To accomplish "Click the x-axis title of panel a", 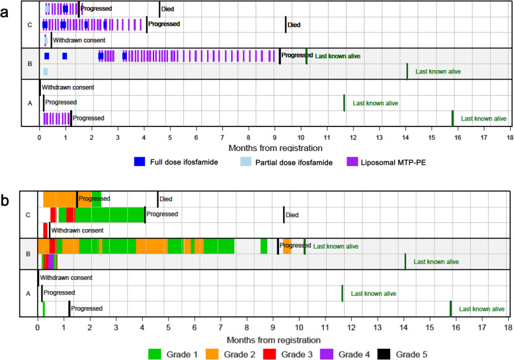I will pyautogui.click(x=275, y=148).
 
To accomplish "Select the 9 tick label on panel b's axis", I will pyautogui.click(x=273, y=327).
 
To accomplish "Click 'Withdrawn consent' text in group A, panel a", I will pyautogui.click(x=67, y=87).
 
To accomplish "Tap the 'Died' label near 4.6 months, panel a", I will pyautogui.click(x=168, y=9).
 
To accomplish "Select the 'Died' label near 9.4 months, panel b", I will pyautogui.click(x=293, y=214).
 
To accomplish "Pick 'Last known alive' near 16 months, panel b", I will pyautogui.click(x=482, y=309).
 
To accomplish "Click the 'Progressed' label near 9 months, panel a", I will pyautogui.click(x=296, y=56).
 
